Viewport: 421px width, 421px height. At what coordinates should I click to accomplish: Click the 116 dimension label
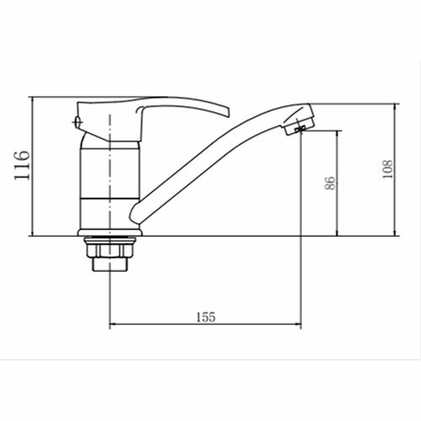click(22, 166)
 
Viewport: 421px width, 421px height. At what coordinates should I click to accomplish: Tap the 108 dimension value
click(387, 169)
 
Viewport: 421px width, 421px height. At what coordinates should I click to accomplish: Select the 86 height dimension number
click(330, 183)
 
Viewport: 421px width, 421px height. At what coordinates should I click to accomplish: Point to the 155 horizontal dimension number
click(205, 317)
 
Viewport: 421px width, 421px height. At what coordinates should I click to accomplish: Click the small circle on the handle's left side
click(77, 122)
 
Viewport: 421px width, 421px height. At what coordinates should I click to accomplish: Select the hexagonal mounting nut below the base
click(110, 248)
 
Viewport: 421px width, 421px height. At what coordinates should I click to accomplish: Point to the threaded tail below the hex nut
click(110, 264)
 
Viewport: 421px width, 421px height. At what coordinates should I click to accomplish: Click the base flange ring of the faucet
click(110, 232)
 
